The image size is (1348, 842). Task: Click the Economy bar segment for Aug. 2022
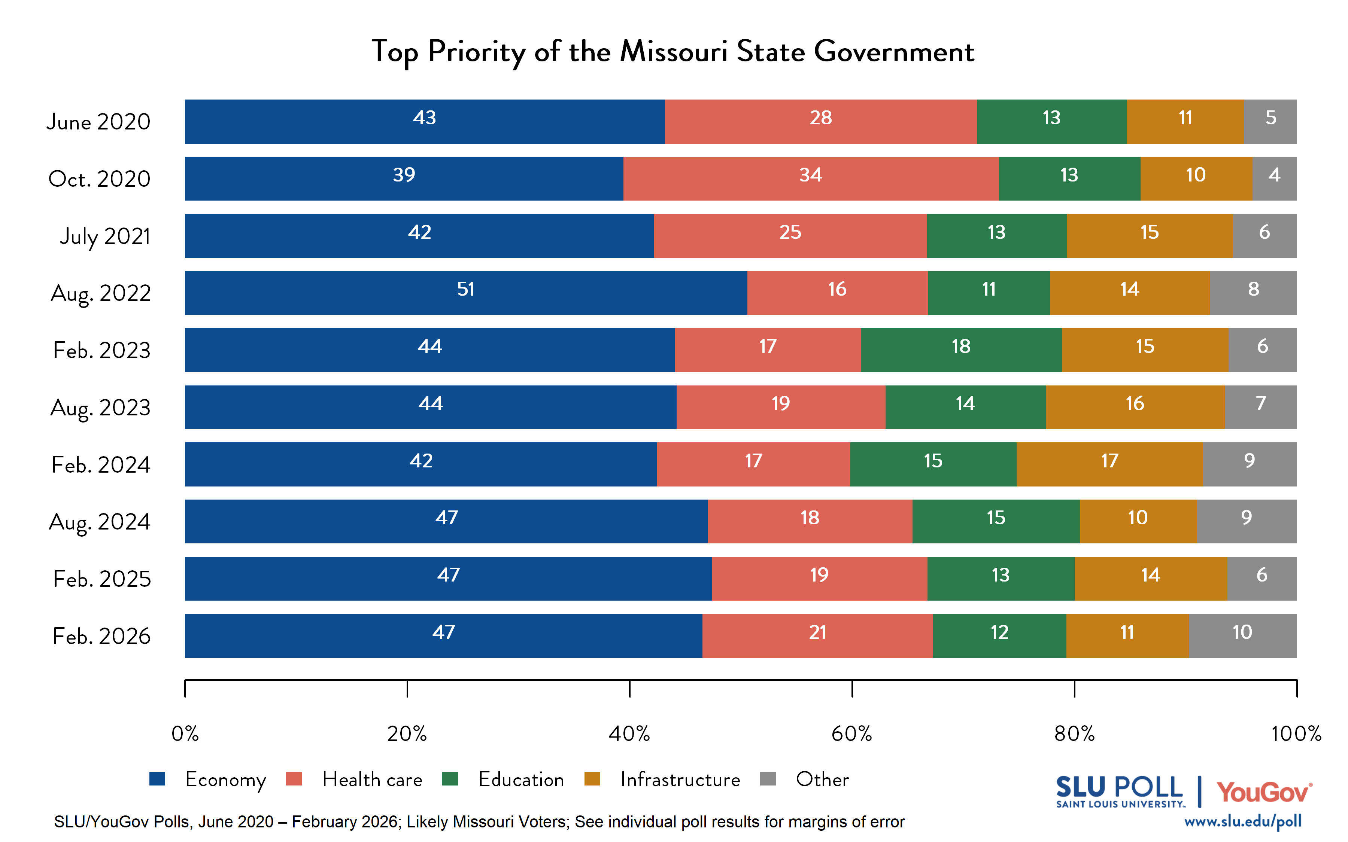tap(466, 293)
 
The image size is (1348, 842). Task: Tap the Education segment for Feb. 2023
tap(961, 350)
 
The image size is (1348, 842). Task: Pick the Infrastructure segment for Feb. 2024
tap(1109, 464)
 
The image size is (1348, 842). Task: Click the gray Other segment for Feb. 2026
tap(1242, 635)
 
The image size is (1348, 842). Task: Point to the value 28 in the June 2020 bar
tap(820, 118)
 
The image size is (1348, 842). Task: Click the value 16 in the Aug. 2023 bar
tap(1135, 404)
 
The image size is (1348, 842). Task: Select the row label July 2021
tap(105, 236)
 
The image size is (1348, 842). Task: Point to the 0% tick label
tap(185, 734)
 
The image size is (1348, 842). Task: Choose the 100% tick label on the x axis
tap(1296, 734)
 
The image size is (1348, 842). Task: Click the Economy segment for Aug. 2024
tap(446, 521)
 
